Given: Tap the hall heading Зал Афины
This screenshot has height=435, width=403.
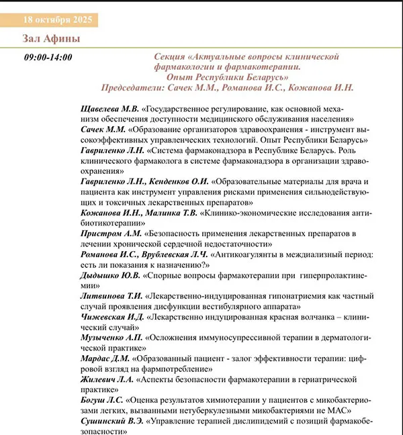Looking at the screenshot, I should [x=51, y=39].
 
